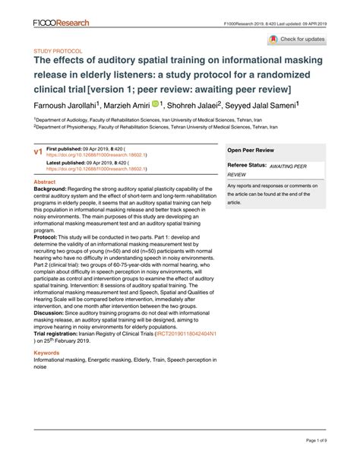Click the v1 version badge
click(37, 153)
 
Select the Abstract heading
click(46, 183)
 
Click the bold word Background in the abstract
click(52, 191)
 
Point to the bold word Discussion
click(52, 311)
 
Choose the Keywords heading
click(47, 353)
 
